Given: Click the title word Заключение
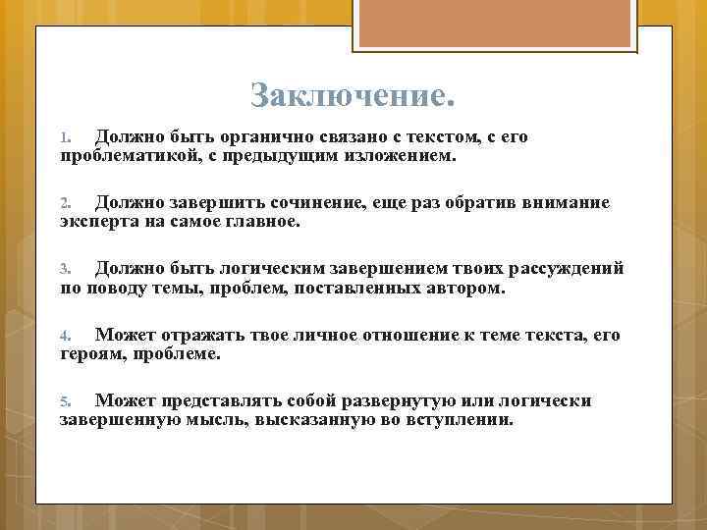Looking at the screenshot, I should (x=353, y=96).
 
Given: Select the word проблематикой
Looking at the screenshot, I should (x=123, y=155).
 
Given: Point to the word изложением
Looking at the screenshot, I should (x=402, y=155).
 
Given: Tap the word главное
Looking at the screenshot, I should (x=261, y=222).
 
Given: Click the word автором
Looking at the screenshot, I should (x=466, y=289).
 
